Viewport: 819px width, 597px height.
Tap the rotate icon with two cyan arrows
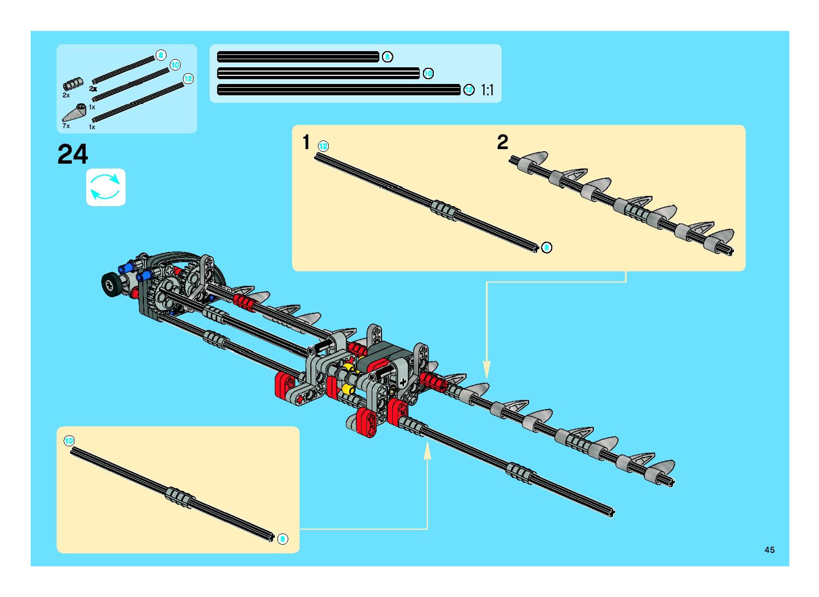click(105, 187)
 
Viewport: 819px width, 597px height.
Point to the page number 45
click(769, 550)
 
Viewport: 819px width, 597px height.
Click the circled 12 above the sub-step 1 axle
click(323, 146)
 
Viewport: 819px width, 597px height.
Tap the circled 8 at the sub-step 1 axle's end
click(547, 248)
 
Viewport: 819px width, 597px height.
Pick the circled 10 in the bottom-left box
click(69, 441)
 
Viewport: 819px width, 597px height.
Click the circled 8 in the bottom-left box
click(283, 539)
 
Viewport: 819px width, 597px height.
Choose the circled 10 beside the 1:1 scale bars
click(428, 73)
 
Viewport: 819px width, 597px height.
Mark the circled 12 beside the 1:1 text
click(469, 90)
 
